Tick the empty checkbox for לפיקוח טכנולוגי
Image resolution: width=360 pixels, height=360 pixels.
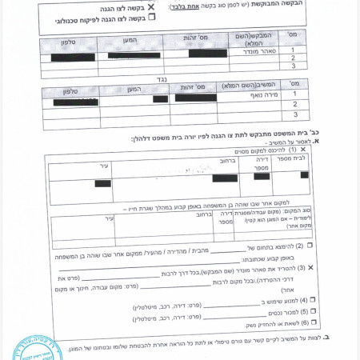click(152, 17)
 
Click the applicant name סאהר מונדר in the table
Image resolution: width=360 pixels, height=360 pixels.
click(249, 49)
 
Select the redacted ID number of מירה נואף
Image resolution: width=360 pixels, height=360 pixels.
click(195, 98)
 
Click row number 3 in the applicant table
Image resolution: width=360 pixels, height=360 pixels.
click(295, 67)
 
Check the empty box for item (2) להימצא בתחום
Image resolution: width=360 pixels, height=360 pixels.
click(310, 246)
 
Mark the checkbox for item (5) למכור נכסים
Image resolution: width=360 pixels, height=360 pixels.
click(314, 310)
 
